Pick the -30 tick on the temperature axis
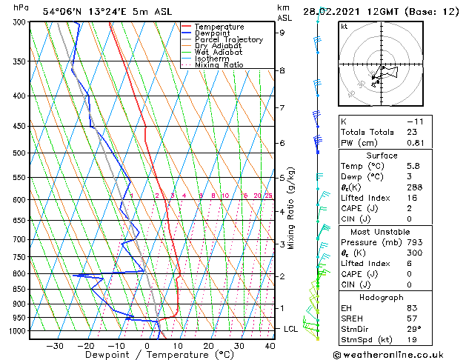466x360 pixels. pos(54,346)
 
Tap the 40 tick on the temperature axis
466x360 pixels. pos(270,346)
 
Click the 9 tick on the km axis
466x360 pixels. pos(282,33)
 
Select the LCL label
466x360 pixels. pos(291,328)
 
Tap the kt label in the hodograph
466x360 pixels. pos(344,27)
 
